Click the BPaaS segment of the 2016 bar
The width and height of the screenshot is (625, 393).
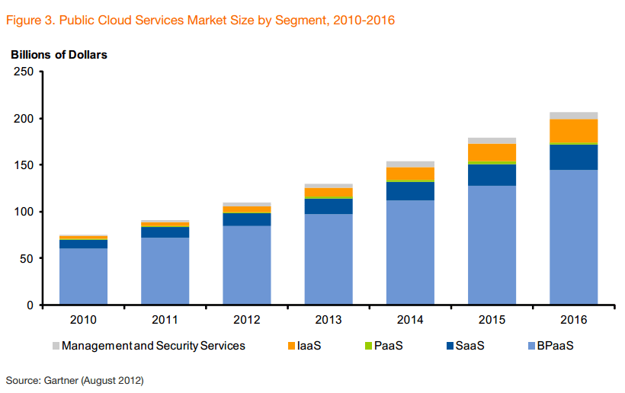tap(573, 237)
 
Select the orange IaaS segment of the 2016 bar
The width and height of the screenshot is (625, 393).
tap(573, 131)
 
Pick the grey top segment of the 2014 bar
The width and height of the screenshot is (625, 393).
tap(410, 164)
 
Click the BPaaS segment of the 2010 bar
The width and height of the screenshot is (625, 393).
tap(83, 276)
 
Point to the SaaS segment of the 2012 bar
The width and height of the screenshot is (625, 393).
tap(246, 219)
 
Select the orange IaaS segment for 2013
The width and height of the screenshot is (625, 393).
tap(329, 193)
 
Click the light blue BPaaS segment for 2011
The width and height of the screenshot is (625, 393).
tap(165, 271)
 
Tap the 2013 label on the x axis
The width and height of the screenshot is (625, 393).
tap(329, 319)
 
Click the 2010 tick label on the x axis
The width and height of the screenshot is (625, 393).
tap(83, 319)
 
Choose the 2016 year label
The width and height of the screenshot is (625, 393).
tap(573, 319)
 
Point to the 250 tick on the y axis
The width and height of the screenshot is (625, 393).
tap(24, 72)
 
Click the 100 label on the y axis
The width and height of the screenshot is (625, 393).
tap(24, 212)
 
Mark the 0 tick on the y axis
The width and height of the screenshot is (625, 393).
tap(30, 305)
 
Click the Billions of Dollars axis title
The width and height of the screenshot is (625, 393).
tap(59, 55)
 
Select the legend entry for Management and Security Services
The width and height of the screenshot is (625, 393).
tap(153, 346)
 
